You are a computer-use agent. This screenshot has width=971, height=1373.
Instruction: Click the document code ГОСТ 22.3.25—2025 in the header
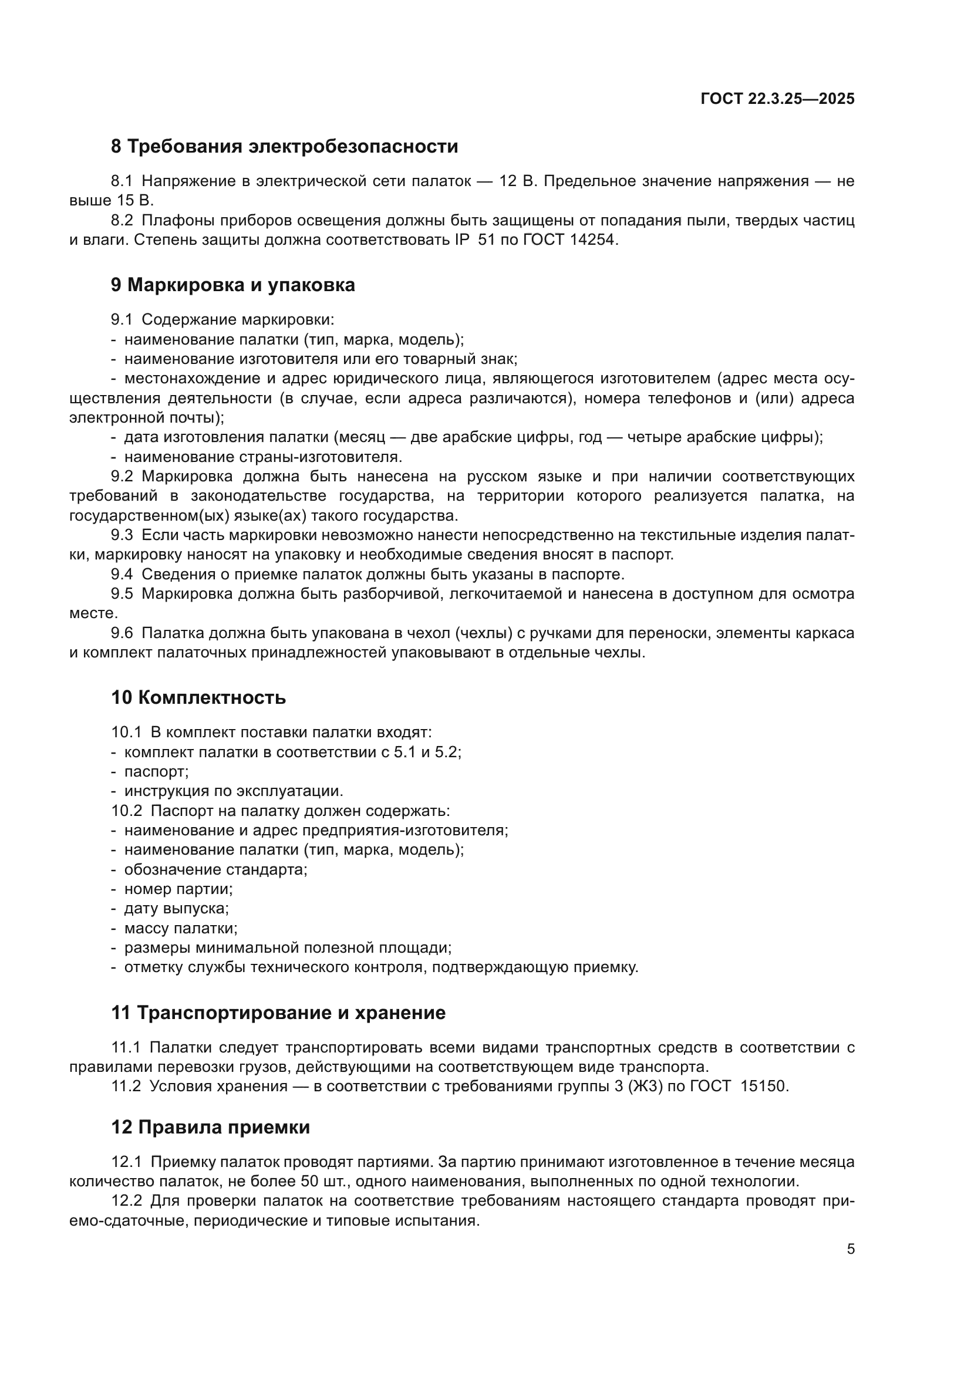point(777,99)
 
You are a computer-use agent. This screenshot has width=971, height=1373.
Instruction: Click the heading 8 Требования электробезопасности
point(284,147)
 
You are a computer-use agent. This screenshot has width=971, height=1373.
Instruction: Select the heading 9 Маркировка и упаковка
point(232,285)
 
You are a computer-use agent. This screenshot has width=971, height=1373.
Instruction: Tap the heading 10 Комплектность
point(198,698)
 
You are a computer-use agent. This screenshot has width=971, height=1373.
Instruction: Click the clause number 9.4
point(122,575)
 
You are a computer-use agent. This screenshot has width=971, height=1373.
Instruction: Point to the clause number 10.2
point(126,811)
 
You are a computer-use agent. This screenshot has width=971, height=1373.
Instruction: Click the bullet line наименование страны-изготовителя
point(263,457)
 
